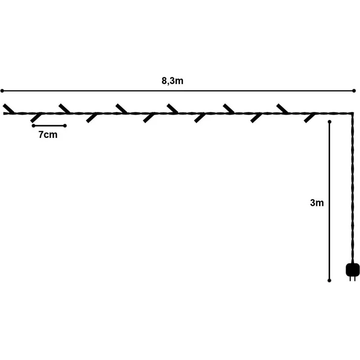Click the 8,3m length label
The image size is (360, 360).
click(173, 81)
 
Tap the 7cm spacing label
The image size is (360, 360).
click(48, 135)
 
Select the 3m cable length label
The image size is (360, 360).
click(317, 202)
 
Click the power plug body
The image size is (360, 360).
click(353, 270)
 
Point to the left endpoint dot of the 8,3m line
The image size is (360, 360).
click(2, 90)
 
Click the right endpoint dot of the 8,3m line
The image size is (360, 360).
click(354, 90)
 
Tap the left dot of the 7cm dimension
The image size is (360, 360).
click(34, 126)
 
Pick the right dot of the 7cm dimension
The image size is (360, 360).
click(65, 126)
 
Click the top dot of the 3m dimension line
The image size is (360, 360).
click(330, 121)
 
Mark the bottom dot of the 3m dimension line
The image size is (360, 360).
click(329, 280)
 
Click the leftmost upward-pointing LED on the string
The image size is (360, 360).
click(9, 109)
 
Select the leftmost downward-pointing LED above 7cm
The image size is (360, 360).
click(36, 117)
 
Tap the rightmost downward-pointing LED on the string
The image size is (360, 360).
click(310, 118)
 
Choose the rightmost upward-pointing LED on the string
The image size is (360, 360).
click(282, 109)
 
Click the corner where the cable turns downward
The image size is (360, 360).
click(352, 113)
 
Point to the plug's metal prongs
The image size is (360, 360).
click(353, 278)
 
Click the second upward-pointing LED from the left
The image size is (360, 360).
click(65, 109)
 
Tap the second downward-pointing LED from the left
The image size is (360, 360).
click(92, 118)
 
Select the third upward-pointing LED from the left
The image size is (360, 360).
click(121, 109)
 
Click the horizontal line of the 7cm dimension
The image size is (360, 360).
click(49, 126)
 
